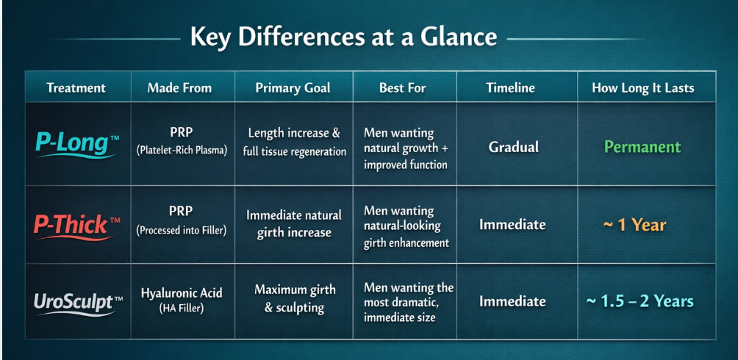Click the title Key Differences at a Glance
343,37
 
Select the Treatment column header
76,88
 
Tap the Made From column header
179,88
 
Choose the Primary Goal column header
293,88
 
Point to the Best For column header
403,88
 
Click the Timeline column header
511,88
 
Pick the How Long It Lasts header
643,88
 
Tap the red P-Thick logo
77,226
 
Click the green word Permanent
642,147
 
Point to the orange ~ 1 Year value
635,225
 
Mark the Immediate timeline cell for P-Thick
512,225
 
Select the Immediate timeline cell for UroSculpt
512,301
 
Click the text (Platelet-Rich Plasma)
182,151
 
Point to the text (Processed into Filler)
182,230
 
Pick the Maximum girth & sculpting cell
295,299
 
